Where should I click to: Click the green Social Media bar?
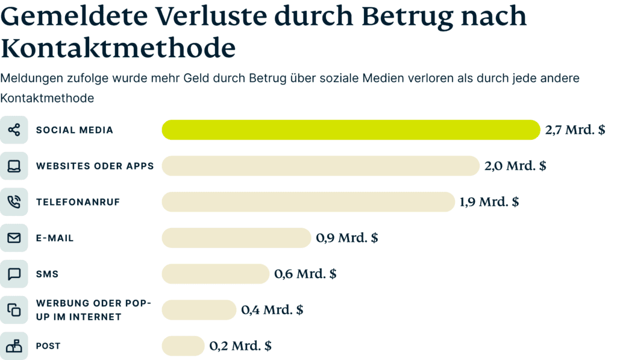point(351,130)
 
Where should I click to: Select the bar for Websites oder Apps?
point(321,166)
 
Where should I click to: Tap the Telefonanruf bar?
point(308,202)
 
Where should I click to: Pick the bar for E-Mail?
point(236,238)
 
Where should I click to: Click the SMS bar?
point(215,274)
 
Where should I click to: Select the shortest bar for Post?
point(183,346)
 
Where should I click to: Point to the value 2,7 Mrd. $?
point(575,130)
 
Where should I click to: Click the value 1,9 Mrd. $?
point(489,202)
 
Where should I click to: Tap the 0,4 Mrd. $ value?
point(272,310)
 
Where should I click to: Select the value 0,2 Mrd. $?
point(240,346)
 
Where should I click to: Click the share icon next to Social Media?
point(14,130)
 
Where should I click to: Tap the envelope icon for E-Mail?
point(14,238)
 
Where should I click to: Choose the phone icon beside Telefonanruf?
point(14,202)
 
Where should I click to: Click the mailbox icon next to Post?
point(14,346)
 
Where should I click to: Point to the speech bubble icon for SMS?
point(14,274)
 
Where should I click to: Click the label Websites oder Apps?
point(95,166)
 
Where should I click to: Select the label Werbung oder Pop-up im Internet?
point(93,310)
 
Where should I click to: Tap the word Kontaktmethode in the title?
point(117,47)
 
